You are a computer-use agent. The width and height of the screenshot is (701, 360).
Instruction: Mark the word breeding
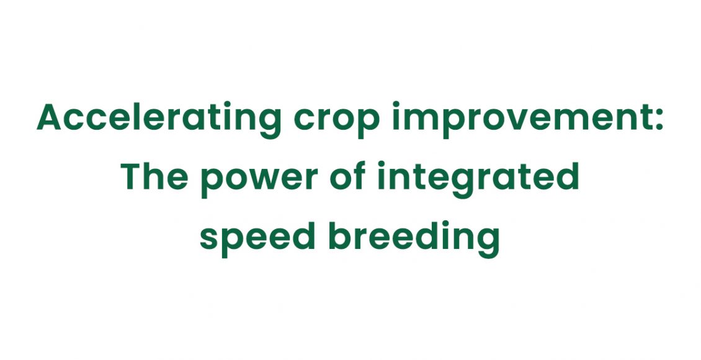(413, 239)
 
